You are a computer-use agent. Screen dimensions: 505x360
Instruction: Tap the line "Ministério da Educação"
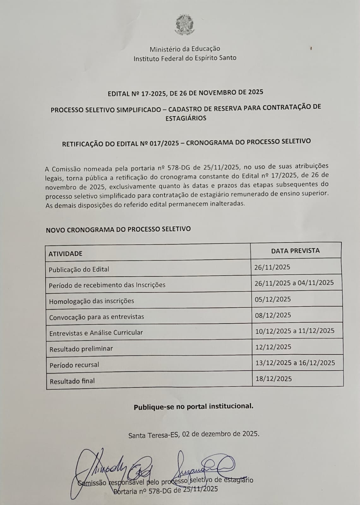pos(185,49)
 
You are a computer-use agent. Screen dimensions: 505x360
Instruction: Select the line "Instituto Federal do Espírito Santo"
pos(185,58)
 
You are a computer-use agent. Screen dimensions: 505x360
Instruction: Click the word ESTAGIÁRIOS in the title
pos(186,118)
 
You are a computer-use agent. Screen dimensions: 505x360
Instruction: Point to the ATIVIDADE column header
pos(65,253)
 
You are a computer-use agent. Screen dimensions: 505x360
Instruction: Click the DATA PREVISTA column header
pos(295,251)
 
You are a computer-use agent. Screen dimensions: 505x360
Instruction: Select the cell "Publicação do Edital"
pos(79,270)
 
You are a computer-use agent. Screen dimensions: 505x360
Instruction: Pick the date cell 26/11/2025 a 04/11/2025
pos(294,283)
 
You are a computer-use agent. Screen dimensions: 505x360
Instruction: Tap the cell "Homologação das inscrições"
pos(92,301)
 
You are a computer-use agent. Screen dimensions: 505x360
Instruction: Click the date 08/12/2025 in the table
pos(273,315)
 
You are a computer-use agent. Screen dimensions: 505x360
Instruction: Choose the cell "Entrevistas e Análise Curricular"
pos(96,333)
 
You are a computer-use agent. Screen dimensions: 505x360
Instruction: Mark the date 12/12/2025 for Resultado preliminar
pos(273,347)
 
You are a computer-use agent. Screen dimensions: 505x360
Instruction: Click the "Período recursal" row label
pos(74,365)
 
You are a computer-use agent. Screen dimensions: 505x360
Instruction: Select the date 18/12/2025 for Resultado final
pos(273,379)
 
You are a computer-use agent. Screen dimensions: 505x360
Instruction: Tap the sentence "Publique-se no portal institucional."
pos(193,406)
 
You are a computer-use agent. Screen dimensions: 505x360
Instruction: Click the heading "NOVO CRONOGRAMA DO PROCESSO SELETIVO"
pos(118,229)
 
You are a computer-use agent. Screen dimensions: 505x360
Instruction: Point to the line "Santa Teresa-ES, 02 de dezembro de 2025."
pos(194,434)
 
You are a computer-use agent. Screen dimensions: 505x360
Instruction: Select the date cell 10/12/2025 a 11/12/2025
pos(294,331)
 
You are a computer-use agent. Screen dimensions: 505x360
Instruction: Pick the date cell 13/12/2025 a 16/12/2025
pos(295,363)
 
